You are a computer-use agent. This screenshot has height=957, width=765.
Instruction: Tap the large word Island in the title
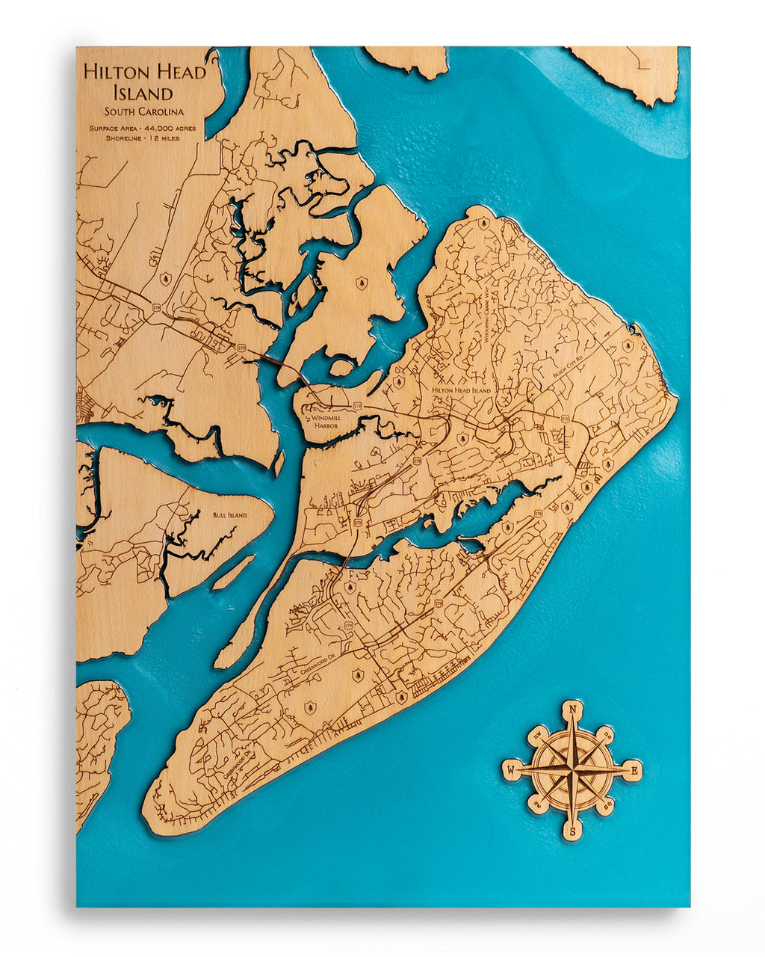(143, 93)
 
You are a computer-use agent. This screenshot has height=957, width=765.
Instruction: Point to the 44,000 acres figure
(173, 129)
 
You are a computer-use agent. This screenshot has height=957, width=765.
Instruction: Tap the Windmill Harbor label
(325, 422)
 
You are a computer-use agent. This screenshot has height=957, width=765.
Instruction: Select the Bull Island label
(229, 515)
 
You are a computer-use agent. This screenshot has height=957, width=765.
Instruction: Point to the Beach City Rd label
(566, 366)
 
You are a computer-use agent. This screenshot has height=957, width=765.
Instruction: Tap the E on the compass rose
(635, 769)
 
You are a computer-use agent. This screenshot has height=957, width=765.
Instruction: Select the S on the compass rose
(572, 831)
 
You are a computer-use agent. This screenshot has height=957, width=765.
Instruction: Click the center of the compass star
(572, 769)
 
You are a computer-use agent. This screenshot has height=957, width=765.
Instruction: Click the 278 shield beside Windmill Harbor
(357, 404)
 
